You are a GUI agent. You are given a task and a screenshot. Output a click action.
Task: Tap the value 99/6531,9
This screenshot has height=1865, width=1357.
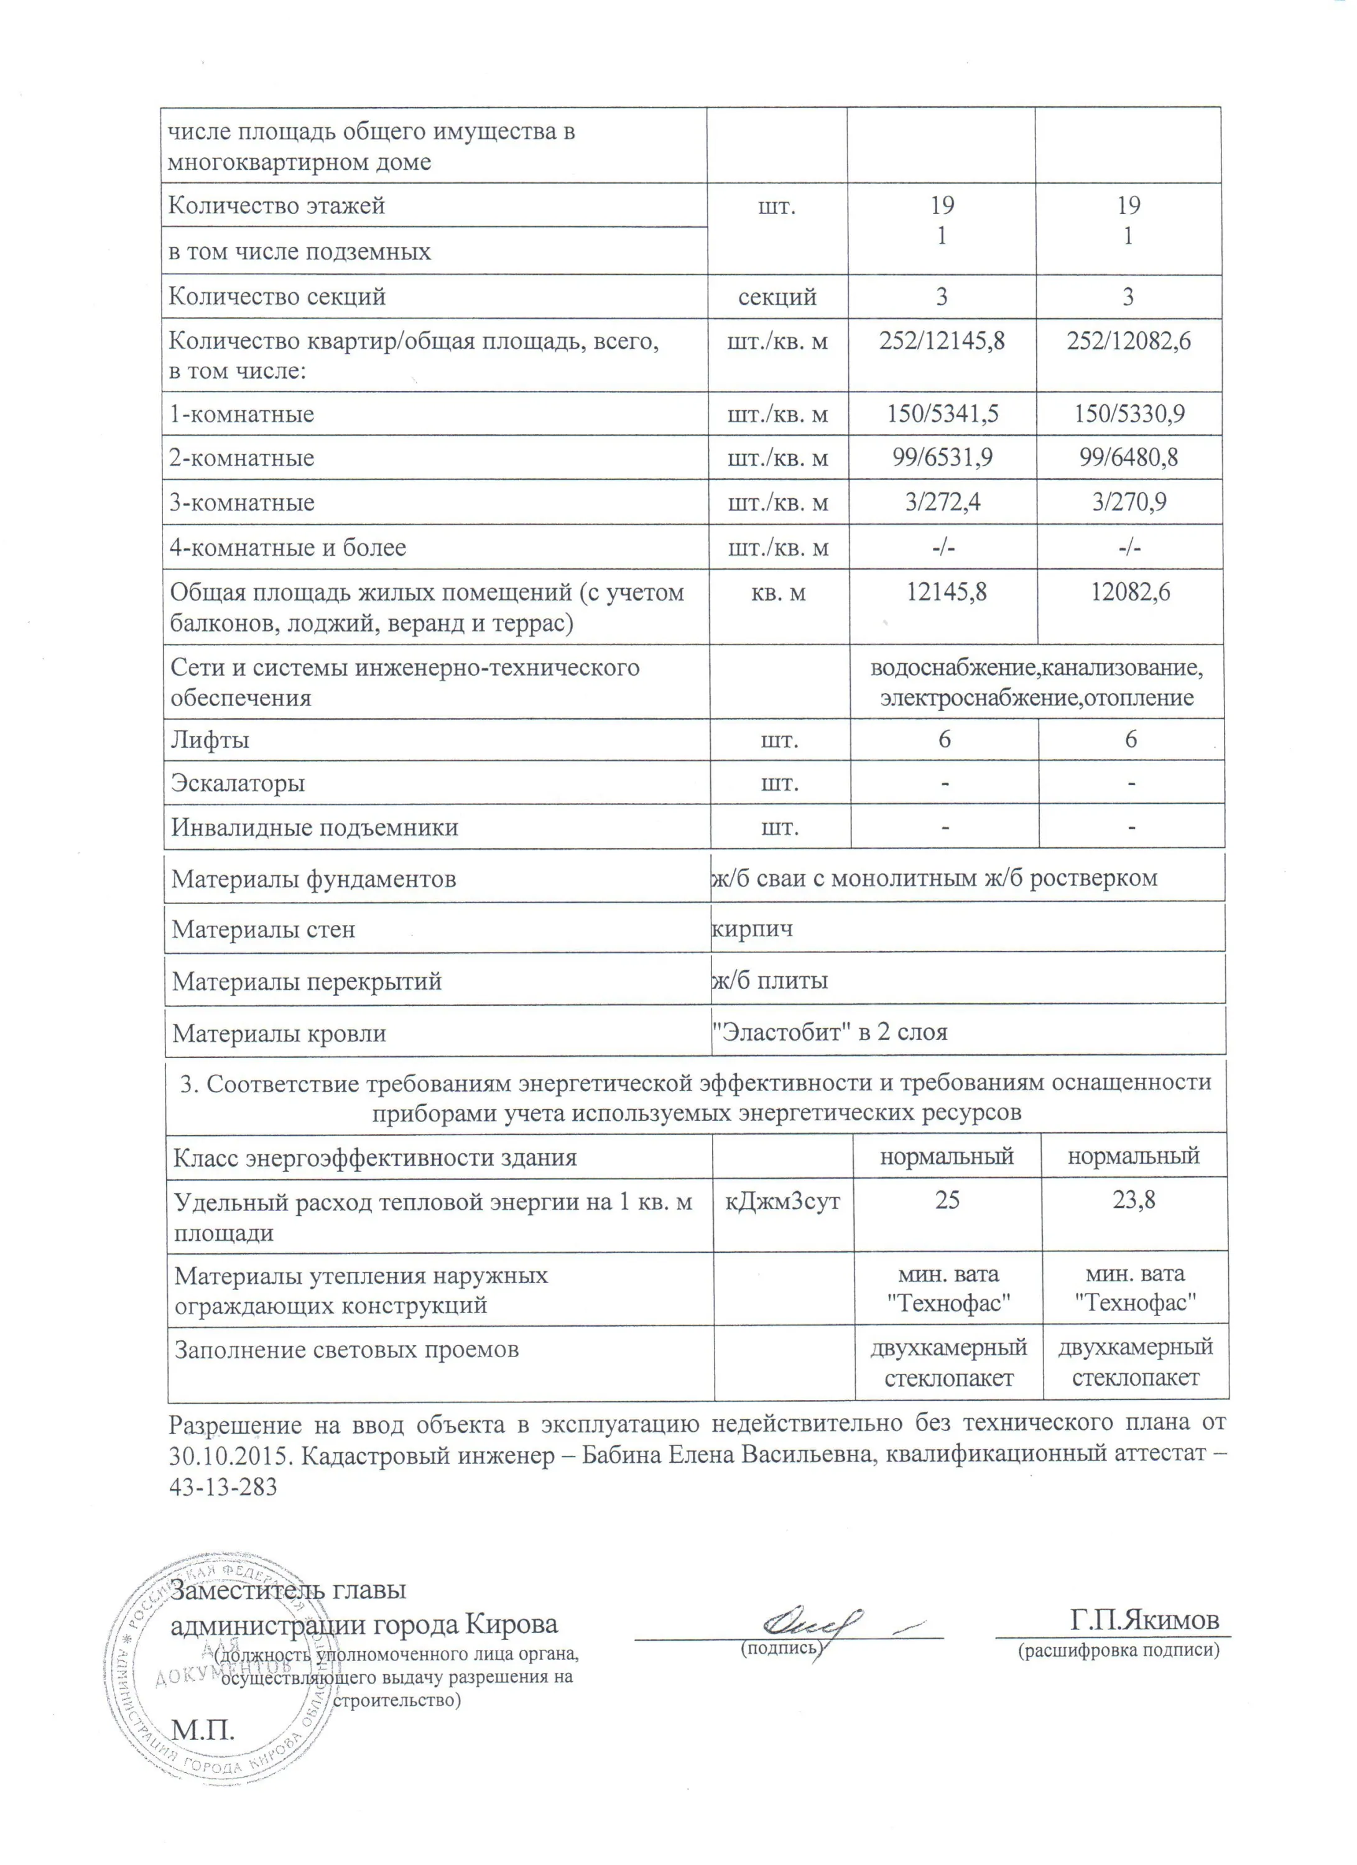click(x=942, y=457)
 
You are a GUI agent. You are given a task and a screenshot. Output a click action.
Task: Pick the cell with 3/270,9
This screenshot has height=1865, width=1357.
click(x=1129, y=502)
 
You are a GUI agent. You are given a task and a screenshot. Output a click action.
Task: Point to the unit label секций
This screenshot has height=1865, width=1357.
click(x=777, y=296)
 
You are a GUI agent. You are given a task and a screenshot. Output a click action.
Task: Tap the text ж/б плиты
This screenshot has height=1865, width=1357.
click(x=770, y=980)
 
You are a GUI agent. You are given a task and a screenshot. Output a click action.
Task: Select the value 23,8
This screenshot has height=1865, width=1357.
click(x=1134, y=1200)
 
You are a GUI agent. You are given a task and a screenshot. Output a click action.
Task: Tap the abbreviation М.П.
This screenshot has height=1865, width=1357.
click(x=202, y=1730)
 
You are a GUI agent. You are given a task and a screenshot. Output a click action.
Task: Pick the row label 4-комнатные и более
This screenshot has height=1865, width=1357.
click(x=288, y=547)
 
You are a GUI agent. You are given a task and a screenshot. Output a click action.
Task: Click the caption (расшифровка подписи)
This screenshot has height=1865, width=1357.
click(x=1118, y=1649)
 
